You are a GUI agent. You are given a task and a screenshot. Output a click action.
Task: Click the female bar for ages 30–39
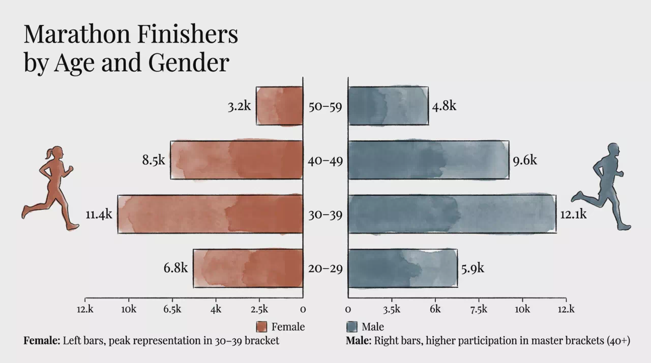(x=210, y=214)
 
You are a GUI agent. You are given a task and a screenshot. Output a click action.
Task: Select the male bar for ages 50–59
(x=388, y=106)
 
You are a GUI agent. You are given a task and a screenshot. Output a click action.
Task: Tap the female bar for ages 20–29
(x=248, y=268)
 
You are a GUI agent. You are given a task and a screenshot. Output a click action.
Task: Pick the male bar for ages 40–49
(x=429, y=160)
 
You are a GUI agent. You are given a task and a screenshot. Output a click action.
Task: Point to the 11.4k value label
(x=99, y=215)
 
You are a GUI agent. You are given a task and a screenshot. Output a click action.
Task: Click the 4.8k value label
(x=444, y=106)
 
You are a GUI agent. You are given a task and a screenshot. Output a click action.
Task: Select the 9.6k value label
(x=525, y=160)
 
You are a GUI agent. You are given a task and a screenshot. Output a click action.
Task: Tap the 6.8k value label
(x=175, y=268)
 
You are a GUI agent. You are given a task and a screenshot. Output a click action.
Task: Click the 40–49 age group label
(x=325, y=161)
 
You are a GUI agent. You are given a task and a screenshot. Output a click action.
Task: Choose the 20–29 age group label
(x=325, y=268)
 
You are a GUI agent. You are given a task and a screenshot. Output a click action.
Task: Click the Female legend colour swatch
(x=261, y=327)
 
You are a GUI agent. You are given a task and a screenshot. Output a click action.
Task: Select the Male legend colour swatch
(x=352, y=327)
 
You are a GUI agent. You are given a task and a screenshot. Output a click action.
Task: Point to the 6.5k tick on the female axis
(x=172, y=310)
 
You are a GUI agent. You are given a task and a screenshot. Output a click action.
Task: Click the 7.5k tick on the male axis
(x=479, y=310)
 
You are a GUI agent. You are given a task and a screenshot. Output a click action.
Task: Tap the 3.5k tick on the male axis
(x=392, y=310)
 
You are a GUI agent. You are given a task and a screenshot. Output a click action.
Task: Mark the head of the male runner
(x=613, y=150)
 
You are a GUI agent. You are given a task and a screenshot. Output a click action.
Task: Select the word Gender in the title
(x=189, y=62)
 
